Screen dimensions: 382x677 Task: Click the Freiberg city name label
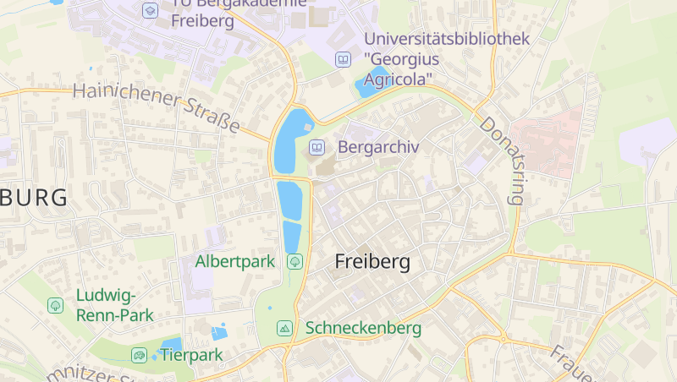coord(372,262)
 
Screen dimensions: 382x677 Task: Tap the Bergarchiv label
coord(378,147)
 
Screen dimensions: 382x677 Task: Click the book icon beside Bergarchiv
coord(316,147)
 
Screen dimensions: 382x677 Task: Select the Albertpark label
coord(235,261)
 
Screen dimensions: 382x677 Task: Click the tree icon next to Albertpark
coord(294,261)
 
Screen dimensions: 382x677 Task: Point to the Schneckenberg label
coord(363,327)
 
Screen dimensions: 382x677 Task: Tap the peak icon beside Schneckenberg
coord(284,327)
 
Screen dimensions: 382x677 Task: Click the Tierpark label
coord(191,354)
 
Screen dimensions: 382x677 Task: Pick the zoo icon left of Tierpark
coord(139,354)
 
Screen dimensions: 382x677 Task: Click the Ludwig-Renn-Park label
coord(114,305)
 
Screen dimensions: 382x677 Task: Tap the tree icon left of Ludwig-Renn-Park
coord(56,304)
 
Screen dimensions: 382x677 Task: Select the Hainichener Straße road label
coord(157,107)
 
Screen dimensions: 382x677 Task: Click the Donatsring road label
coord(503,161)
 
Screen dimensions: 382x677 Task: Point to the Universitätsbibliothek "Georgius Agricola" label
coord(447,58)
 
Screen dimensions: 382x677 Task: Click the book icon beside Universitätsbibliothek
coord(343,59)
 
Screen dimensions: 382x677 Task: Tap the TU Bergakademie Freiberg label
coord(203,13)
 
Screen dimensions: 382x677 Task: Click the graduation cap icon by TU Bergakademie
coord(150,10)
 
